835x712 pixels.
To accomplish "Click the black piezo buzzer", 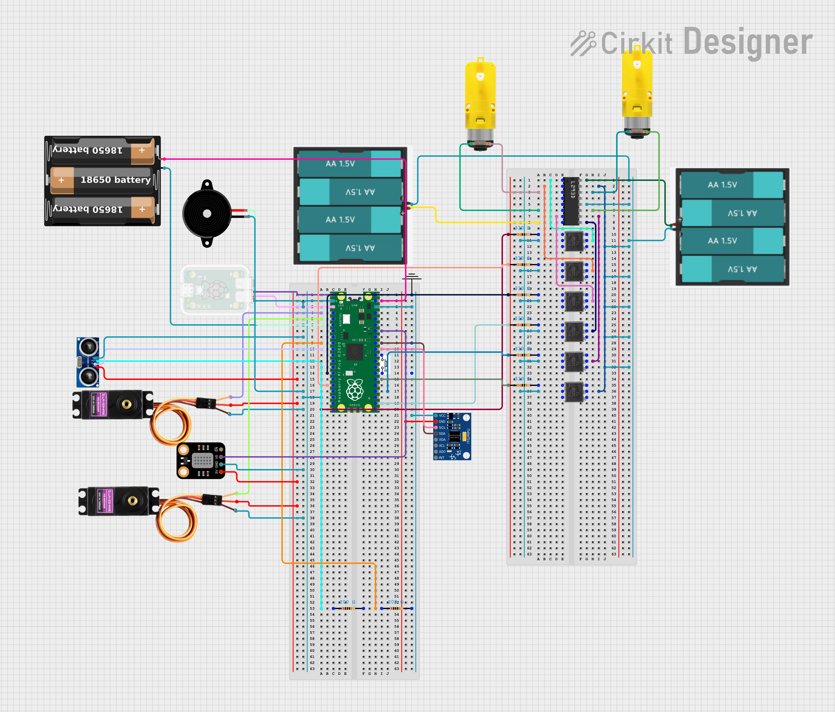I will coord(207,213).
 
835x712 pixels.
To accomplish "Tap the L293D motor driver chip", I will coord(571,201).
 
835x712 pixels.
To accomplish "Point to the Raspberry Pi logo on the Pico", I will coord(355,389).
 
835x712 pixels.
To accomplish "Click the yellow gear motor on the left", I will coord(480,103).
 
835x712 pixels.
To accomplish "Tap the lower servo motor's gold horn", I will coord(132,501).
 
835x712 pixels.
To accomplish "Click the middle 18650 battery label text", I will coord(115,180).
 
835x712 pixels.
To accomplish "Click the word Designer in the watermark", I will coord(748,42).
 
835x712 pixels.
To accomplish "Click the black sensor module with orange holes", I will coord(201,461).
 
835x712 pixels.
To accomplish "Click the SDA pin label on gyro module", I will coord(442,434).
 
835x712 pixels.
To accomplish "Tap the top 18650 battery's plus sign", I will coord(142,150).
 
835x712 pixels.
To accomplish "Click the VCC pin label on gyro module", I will coord(442,416).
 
